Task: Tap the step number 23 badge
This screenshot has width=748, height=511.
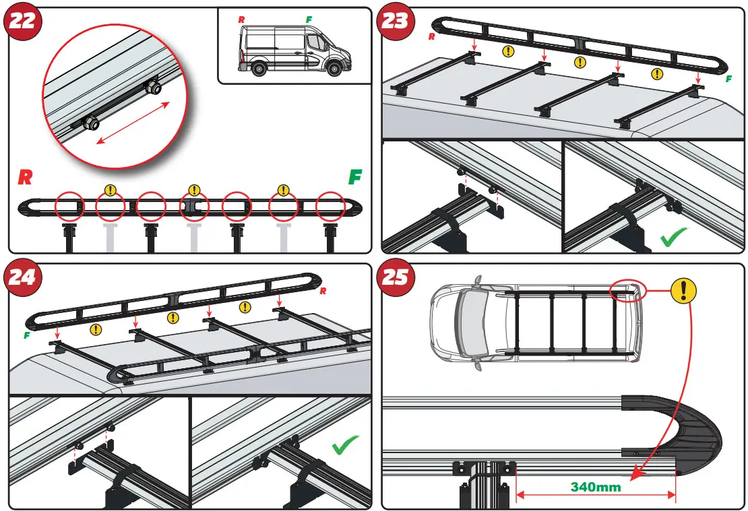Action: tap(396, 22)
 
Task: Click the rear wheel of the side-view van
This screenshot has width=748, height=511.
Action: tap(256, 68)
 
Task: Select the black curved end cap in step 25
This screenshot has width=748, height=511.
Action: tap(687, 431)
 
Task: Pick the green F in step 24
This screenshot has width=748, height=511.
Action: tap(26, 335)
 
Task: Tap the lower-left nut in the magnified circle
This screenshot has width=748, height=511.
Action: tap(88, 123)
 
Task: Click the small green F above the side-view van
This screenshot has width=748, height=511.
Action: tap(309, 20)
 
